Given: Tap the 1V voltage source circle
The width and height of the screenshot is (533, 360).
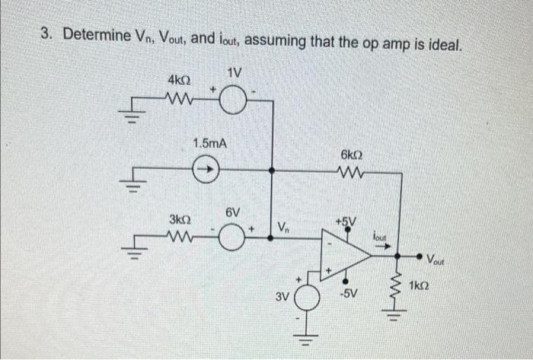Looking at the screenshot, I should click(235, 100).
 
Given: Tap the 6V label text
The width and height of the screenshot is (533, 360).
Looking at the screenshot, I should click(233, 212).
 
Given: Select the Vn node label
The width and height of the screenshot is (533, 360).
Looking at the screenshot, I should click(282, 227).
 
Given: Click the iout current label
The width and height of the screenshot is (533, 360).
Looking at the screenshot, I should click(381, 235).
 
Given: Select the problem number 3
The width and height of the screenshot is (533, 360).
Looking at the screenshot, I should click(46, 37).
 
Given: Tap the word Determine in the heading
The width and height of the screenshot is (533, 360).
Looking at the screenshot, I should click(99, 36).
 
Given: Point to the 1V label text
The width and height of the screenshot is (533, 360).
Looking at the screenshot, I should click(235, 73).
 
